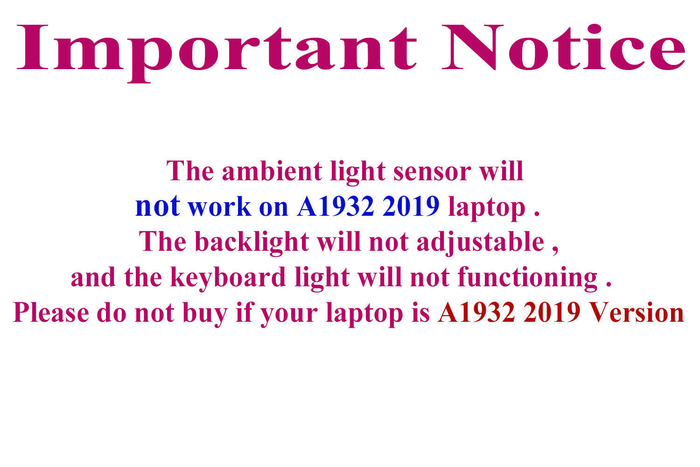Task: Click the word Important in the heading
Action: [x=217, y=53]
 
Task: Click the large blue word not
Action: [x=158, y=206]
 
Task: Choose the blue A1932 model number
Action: [x=336, y=206]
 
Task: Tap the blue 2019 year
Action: [x=411, y=206]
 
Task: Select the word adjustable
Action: [x=481, y=243]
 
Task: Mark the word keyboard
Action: [x=228, y=278]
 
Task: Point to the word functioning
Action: [x=528, y=278]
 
